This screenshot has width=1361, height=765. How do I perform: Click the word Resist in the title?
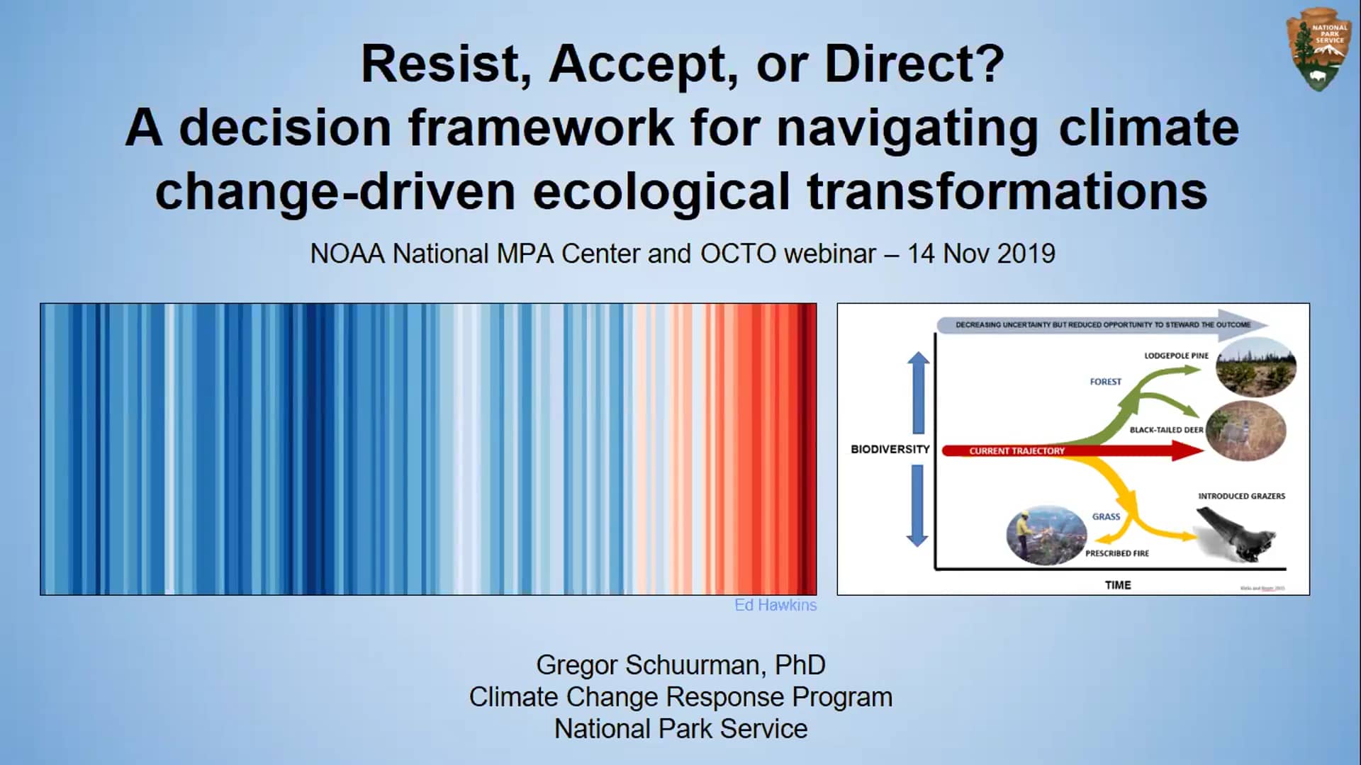pyautogui.click(x=445, y=64)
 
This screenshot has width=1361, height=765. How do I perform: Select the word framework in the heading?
pyautogui.click(x=539, y=128)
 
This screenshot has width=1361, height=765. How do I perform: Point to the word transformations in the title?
pyautogui.click(x=1007, y=192)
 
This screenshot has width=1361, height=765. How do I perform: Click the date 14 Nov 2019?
pyautogui.click(x=981, y=254)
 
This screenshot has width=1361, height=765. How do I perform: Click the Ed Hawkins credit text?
pyautogui.click(x=775, y=605)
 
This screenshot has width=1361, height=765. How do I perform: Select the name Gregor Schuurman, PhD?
pyautogui.click(x=680, y=665)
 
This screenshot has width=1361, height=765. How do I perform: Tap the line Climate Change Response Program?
pyautogui.click(x=680, y=697)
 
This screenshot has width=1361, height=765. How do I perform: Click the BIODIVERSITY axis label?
pyautogui.click(x=890, y=449)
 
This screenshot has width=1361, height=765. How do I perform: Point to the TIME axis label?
pyautogui.click(x=1118, y=585)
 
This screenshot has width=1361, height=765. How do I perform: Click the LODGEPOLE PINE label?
pyautogui.click(x=1176, y=356)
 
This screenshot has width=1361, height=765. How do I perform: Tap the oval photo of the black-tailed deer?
pyautogui.click(x=1245, y=431)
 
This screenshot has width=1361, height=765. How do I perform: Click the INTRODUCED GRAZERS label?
pyautogui.click(x=1241, y=496)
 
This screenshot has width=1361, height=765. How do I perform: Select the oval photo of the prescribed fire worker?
pyautogui.click(x=1046, y=535)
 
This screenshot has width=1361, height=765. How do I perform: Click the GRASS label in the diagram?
pyautogui.click(x=1106, y=516)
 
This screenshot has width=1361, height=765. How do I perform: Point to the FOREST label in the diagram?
pyautogui.click(x=1105, y=382)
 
